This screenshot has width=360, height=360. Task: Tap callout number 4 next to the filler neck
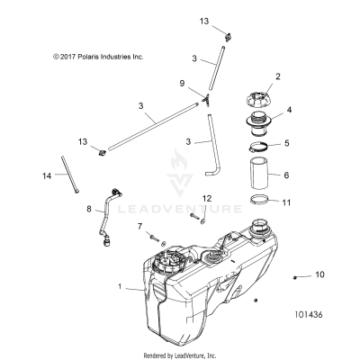(x=290, y=112)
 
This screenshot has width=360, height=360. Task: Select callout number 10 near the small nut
(x=319, y=273)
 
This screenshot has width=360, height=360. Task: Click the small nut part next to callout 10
(x=297, y=274)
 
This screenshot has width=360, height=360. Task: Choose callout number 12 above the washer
(x=207, y=221)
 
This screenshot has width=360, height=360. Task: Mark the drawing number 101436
(x=310, y=316)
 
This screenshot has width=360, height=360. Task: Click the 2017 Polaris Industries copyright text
(x=85, y=56)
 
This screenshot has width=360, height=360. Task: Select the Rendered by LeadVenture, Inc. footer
(x=180, y=353)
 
